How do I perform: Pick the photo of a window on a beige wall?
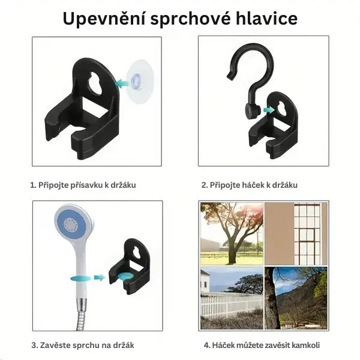(x=296, y=233)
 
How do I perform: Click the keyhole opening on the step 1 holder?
(x=98, y=84)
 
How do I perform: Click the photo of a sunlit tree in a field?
(x=231, y=233)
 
